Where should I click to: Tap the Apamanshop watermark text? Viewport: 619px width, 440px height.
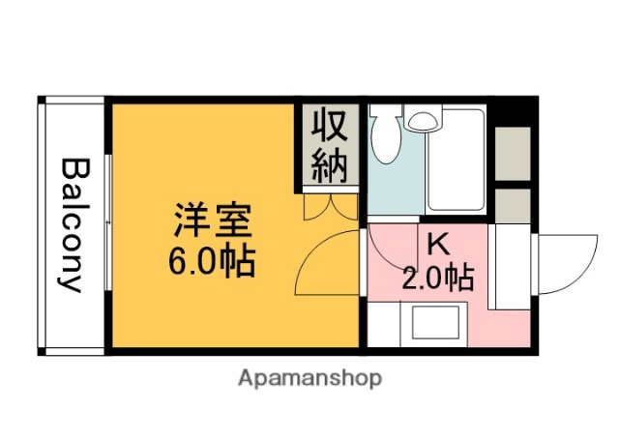[309, 377]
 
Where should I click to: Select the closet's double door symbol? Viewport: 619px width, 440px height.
[329, 207]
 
